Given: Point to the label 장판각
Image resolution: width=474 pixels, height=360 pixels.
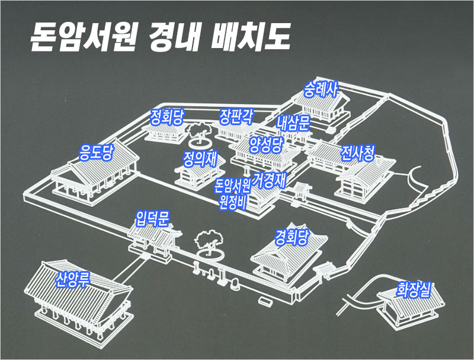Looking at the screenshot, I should point(237,115).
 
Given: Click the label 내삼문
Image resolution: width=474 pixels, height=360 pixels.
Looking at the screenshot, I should point(293,123).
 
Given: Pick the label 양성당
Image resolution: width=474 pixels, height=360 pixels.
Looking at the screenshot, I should point(267,145).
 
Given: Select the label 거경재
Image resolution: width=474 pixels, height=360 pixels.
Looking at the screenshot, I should point(270,180).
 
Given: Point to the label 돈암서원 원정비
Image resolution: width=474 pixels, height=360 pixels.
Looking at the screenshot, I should point(233,193).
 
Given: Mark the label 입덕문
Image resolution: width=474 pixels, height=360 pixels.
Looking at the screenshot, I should point(153,218).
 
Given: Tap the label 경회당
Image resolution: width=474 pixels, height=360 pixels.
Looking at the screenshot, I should point(292,238).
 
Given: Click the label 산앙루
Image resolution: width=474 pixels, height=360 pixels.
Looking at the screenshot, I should point(72,279).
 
